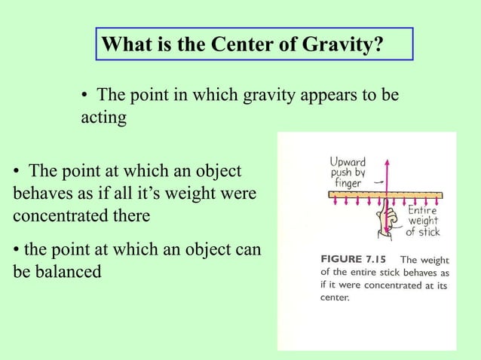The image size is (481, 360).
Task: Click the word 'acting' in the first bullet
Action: tap(103, 119)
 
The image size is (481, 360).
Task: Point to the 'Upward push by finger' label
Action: tap(347, 172)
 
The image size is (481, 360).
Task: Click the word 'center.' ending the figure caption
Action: tap(335, 297)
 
